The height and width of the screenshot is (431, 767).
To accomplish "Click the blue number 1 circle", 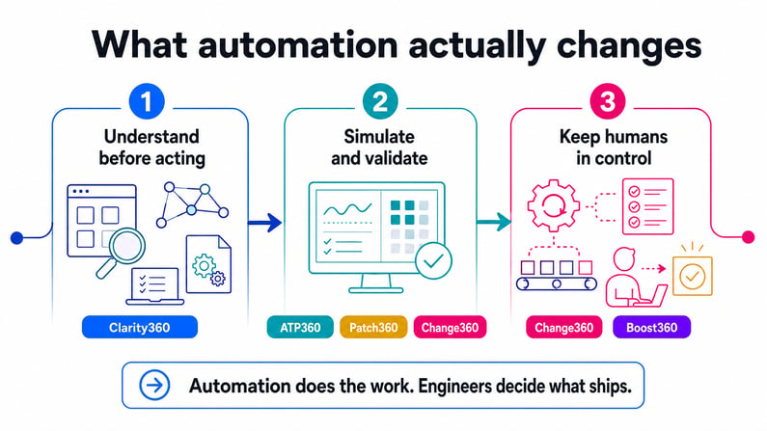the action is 147,101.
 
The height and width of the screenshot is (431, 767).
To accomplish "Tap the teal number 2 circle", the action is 380,101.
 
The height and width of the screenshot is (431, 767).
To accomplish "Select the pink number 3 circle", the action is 608,101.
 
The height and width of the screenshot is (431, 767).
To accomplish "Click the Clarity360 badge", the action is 140,327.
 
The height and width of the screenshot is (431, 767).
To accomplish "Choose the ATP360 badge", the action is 300,327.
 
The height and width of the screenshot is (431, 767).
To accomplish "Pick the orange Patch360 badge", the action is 373,327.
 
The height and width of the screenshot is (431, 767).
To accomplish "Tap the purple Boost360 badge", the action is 651,327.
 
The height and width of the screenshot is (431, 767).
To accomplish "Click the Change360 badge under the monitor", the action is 450,327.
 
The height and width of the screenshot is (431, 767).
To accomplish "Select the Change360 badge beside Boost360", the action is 564,327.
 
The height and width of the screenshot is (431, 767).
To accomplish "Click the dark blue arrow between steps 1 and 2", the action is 264,223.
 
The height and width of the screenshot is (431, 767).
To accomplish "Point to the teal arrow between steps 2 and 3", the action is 494,222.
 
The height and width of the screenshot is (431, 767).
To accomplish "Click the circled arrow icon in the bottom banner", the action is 154,385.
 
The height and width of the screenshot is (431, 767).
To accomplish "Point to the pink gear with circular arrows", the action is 554,204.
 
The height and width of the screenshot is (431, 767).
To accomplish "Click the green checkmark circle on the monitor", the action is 433,261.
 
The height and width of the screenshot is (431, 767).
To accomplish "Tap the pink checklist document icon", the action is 647,206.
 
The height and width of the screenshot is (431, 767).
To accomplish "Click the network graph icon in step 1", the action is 192,205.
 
